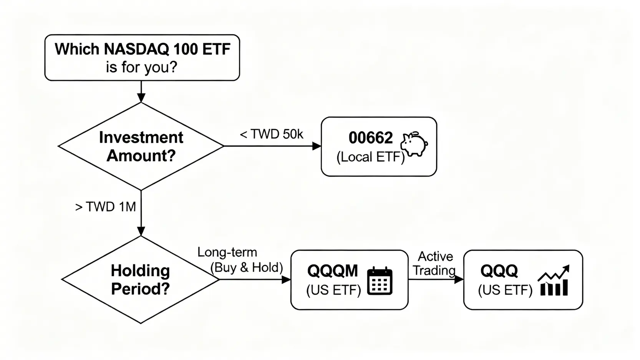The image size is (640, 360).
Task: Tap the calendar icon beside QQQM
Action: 380,281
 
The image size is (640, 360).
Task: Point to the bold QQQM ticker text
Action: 332,271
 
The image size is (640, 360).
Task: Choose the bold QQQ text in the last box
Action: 499,271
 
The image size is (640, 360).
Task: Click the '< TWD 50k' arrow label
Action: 271,134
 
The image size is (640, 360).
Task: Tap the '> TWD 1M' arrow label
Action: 106,207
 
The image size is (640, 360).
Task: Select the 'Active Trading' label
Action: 435,263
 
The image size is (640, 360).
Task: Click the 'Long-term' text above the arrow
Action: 227,252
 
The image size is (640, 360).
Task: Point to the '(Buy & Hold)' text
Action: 247,267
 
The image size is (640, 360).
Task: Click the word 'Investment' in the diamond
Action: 141,137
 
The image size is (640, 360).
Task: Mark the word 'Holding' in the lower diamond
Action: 140,270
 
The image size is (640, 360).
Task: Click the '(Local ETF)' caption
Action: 370,157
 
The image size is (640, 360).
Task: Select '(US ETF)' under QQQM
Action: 333,290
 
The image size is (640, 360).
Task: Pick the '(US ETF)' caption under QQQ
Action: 505,290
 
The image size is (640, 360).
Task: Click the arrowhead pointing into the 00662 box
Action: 317,146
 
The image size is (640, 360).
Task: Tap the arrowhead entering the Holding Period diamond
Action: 141,231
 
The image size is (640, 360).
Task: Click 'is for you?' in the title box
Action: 141,67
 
